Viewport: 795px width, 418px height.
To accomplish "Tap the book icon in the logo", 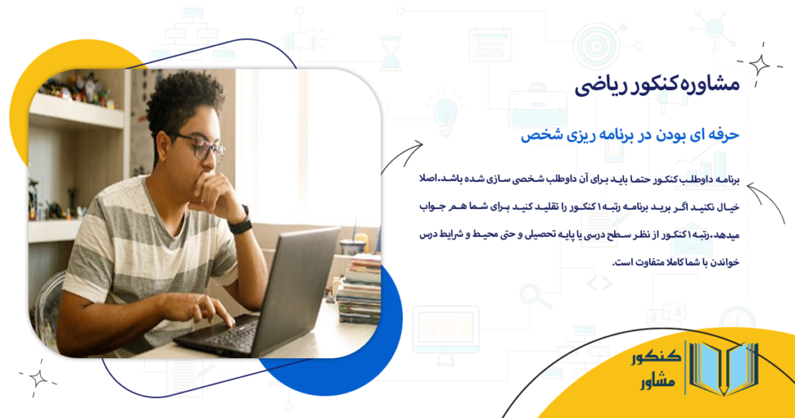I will point(722,368).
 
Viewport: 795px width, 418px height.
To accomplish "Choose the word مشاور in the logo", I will point(656,382).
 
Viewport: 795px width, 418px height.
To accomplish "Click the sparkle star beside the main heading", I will point(759,65).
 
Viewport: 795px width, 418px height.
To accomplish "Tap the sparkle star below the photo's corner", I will point(38,378).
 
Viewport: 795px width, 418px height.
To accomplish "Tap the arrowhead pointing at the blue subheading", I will point(418,143).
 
